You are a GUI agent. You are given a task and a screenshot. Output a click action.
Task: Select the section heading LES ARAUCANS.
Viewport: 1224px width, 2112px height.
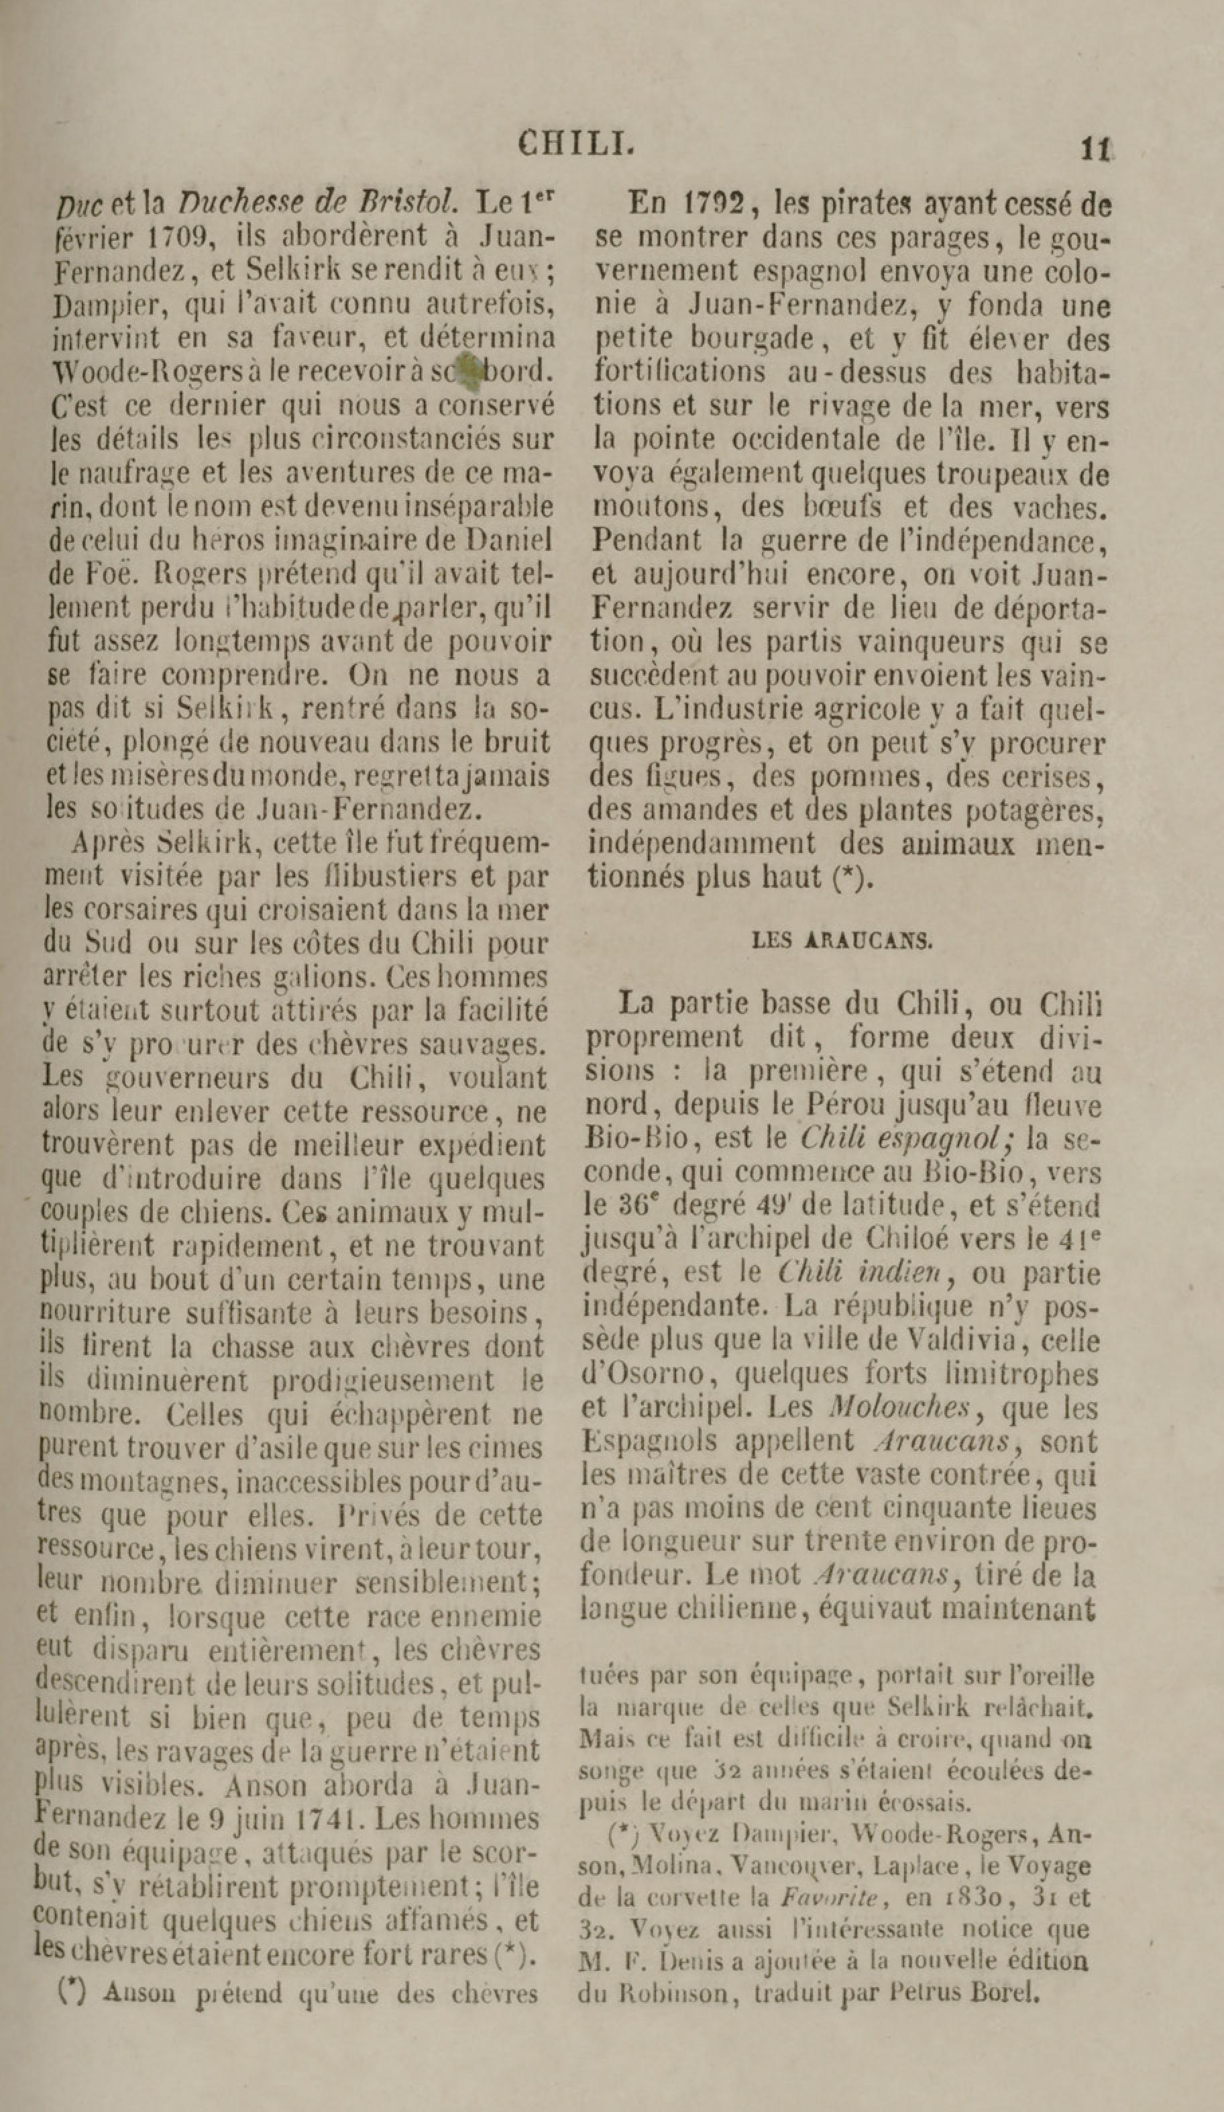(x=842, y=940)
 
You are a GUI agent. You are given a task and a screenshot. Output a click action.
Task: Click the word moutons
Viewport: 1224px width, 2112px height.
(x=648, y=507)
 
